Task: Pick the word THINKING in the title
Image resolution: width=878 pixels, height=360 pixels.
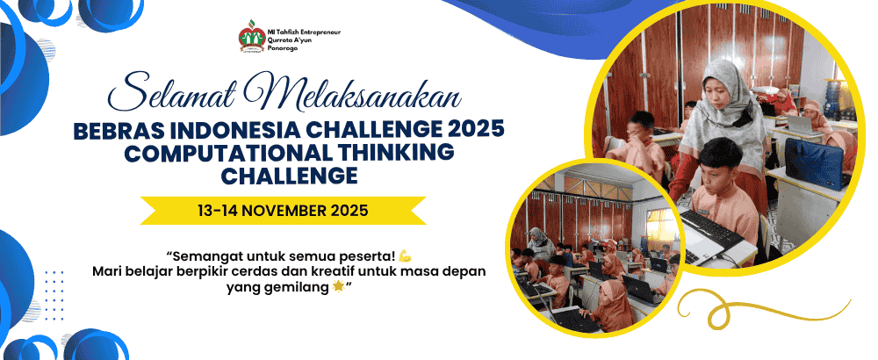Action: (401, 154)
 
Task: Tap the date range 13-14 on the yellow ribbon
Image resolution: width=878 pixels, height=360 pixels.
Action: (219, 211)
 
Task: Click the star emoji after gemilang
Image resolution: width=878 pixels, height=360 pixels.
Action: (338, 287)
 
